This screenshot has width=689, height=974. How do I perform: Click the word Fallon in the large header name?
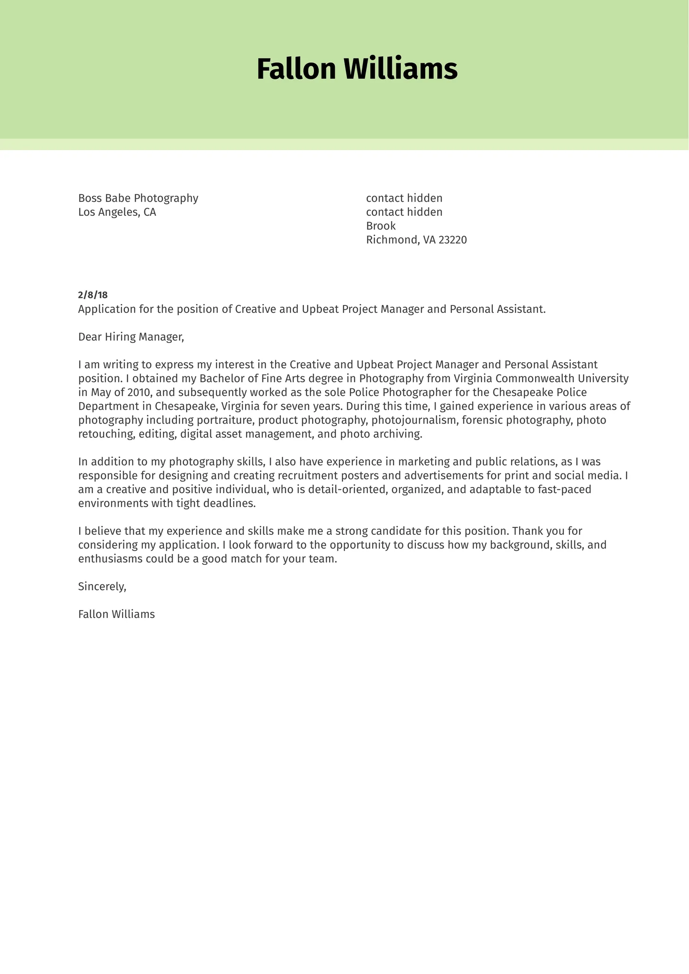pyautogui.click(x=296, y=69)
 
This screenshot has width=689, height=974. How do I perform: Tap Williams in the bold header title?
pyautogui.click(x=400, y=69)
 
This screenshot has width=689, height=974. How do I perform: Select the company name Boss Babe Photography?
pyautogui.click(x=138, y=198)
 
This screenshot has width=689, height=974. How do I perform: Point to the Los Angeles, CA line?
pyautogui.click(x=117, y=212)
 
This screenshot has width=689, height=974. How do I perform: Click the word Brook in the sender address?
pyautogui.click(x=381, y=226)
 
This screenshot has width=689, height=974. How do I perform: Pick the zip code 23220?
pyautogui.click(x=452, y=240)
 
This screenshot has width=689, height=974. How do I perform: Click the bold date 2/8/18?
pyautogui.click(x=92, y=295)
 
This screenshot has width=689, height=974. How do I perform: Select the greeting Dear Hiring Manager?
pyautogui.click(x=131, y=337)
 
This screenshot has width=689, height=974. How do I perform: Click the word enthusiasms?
pyautogui.click(x=110, y=559)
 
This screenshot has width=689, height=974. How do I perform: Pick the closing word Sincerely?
pyautogui.click(x=102, y=586)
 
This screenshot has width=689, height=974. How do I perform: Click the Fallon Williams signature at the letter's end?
pyautogui.click(x=116, y=614)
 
